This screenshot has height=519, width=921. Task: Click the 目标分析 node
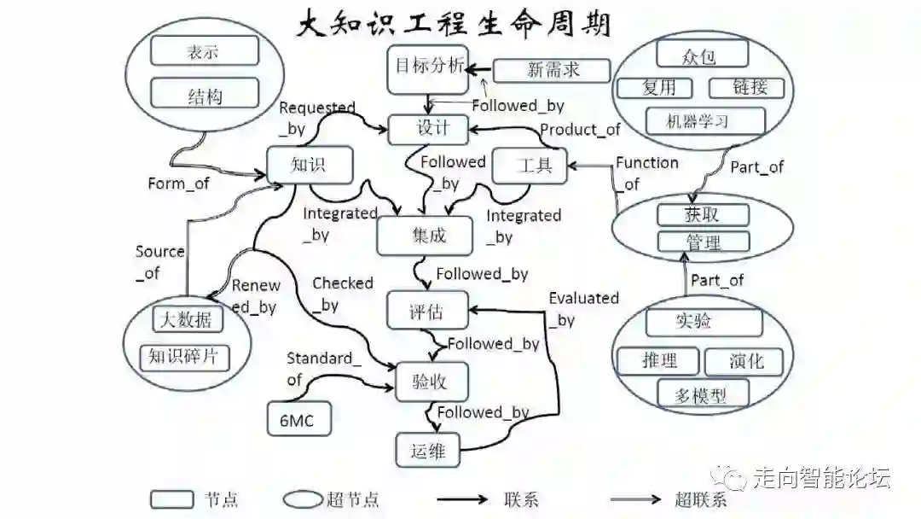[428, 69]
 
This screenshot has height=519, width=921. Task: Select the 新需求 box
[553, 70]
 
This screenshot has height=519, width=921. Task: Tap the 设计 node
[430, 129]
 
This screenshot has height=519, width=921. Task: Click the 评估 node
[426, 312]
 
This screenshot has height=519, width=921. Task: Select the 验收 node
[433, 382]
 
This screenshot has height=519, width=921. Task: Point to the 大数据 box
[188, 320]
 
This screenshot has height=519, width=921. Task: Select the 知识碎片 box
[184, 356]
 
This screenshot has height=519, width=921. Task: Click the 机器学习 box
[704, 120]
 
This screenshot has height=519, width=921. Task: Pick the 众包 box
[702, 55]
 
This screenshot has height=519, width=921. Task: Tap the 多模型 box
[704, 395]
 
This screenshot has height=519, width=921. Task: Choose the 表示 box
[204, 51]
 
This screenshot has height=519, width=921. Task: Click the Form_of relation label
[178, 184]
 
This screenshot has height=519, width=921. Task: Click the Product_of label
[580, 130]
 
